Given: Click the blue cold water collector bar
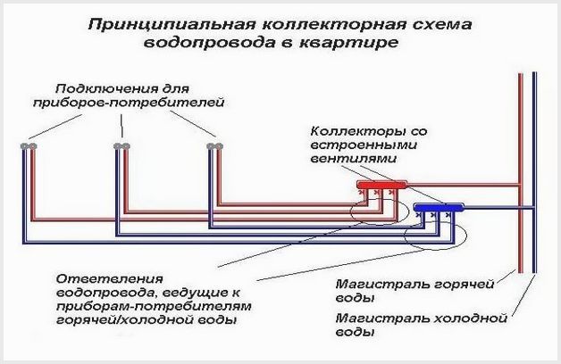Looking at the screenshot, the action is (439, 207).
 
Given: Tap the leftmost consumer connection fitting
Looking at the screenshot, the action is (29, 146).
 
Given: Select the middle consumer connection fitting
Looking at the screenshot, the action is (122, 146).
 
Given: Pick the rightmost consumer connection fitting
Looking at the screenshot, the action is (215, 146).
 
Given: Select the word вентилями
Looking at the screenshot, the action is (353, 158).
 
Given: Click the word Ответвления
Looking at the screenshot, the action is (110, 278).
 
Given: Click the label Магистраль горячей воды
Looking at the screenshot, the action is (414, 291).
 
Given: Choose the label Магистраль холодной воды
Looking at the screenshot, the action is (422, 325).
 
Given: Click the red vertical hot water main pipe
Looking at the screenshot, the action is (521, 172).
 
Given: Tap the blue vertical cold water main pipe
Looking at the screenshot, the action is (534, 172).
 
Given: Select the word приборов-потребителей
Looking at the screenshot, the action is (129, 103).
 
